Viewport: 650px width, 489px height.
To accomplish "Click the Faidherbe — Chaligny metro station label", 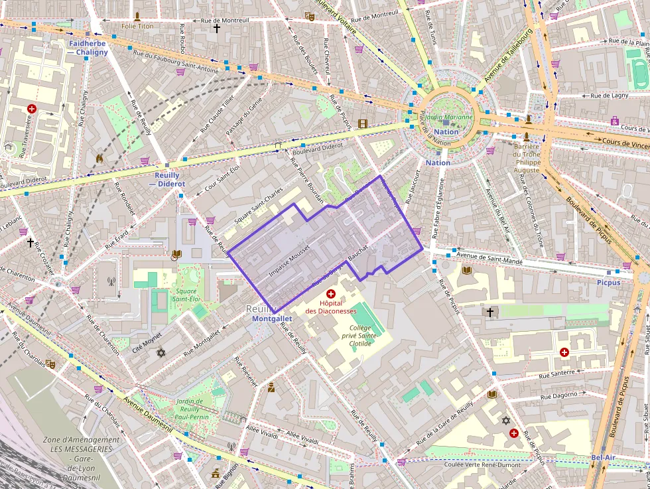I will (87, 48).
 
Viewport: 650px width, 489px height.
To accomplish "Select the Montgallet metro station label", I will (272, 318).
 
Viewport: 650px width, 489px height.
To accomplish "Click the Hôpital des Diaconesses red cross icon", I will (330, 293).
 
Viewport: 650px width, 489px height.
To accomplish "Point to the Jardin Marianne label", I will (449, 117).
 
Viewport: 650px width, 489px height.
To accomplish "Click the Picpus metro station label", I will (608, 282).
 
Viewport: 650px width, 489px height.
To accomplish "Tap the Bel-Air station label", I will (604, 458).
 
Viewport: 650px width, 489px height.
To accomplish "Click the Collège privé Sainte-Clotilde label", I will (367, 336).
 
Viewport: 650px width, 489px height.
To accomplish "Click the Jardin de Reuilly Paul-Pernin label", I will (193, 409).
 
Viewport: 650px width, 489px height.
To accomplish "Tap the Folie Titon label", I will (137, 26).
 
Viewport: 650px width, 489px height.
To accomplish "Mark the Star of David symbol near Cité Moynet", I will (160, 352).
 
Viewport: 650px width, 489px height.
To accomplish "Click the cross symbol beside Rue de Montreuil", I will (216, 29).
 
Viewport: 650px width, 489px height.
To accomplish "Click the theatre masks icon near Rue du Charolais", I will (50, 364).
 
